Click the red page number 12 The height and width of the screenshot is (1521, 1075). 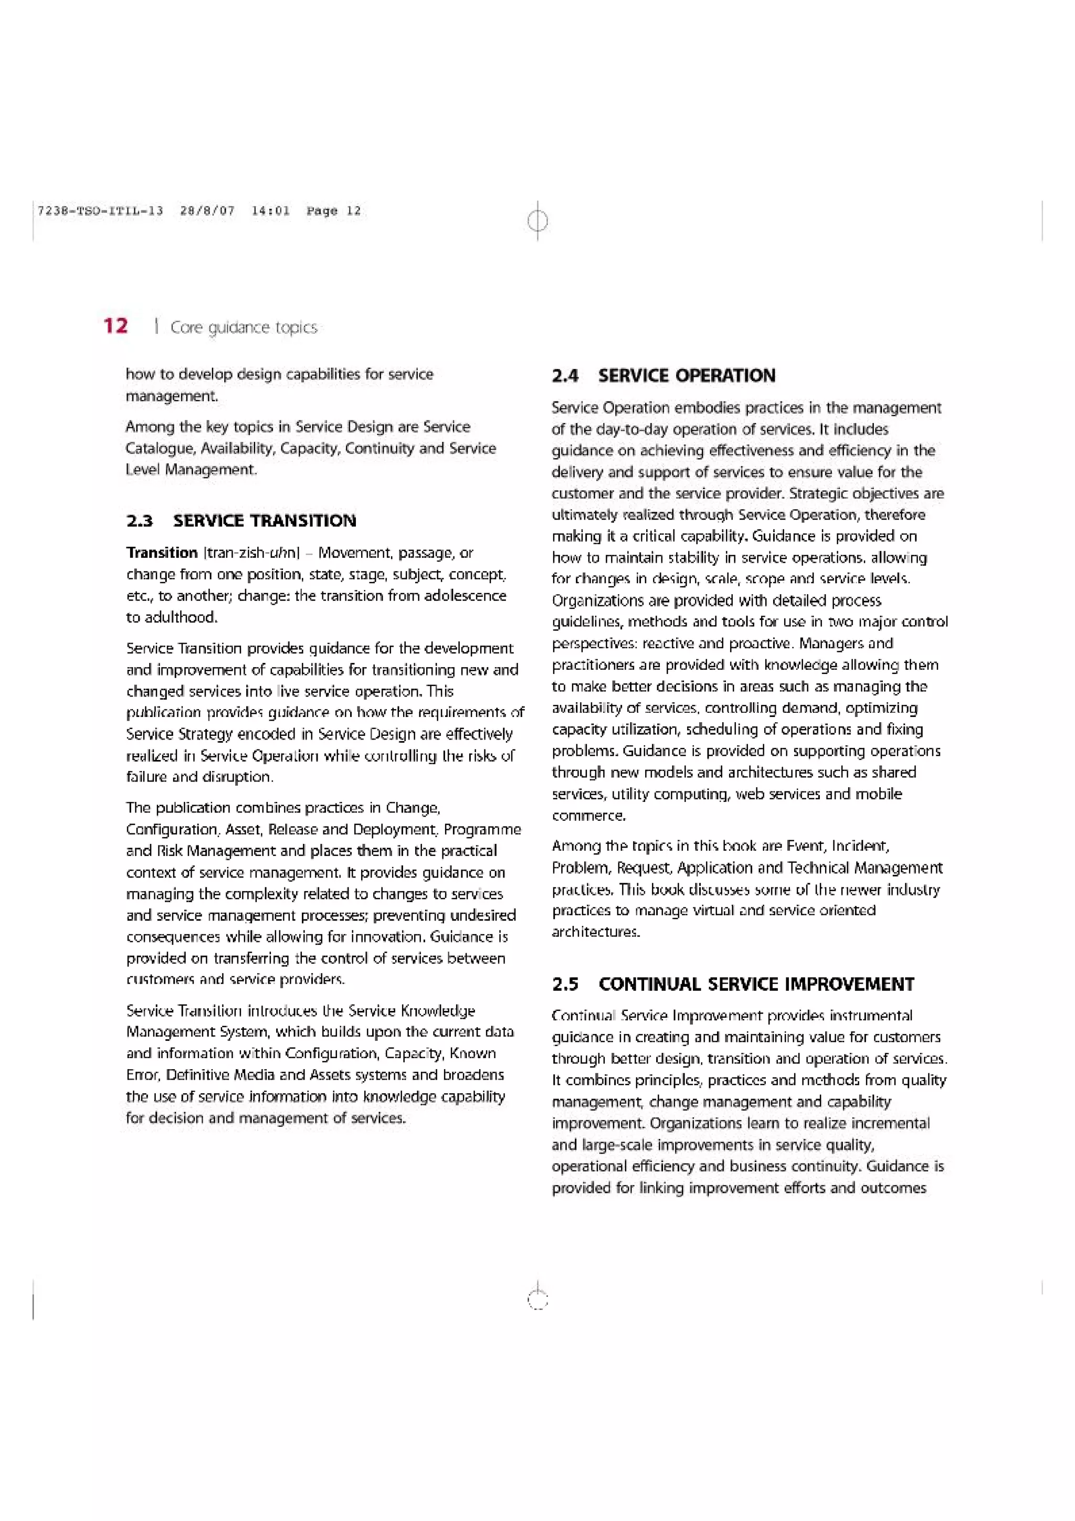tap(116, 325)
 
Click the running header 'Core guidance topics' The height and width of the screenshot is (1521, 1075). tap(244, 328)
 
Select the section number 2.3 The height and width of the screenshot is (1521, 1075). tap(140, 521)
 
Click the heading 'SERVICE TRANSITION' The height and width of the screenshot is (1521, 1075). tap(264, 521)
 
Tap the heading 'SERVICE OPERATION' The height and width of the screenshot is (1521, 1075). tap(686, 376)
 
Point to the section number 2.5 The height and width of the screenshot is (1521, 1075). tap(565, 985)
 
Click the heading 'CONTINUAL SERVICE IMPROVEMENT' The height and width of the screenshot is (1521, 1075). tap(756, 985)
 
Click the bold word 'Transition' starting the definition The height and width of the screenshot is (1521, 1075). tap(162, 553)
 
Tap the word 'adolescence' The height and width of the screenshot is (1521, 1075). tap(465, 596)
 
